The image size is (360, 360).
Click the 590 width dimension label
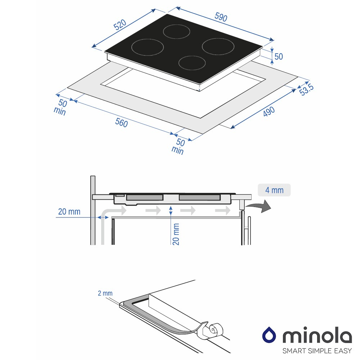[x=221, y=17]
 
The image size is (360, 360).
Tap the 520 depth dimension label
[x=120, y=25]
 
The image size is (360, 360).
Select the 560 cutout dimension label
[x=121, y=122]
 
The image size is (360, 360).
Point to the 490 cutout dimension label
[x=269, y=111]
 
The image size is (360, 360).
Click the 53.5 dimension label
[x=306, y=89]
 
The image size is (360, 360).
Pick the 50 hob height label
[x=279, y=57]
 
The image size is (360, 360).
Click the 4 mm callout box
[x=274, y=190]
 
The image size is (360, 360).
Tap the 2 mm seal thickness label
[x=105, y=293]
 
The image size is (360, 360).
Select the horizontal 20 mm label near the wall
[x=69, y=211]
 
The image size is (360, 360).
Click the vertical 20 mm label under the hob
[x=176, y=234]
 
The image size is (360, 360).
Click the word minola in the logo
[x=317, y=335]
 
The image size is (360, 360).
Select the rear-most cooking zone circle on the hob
[x=176, y=31]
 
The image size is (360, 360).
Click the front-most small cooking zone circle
[x=192, y=63]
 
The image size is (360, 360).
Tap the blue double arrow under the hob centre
[x=171, y=211]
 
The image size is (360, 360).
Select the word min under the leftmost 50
[x=60, y=111]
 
